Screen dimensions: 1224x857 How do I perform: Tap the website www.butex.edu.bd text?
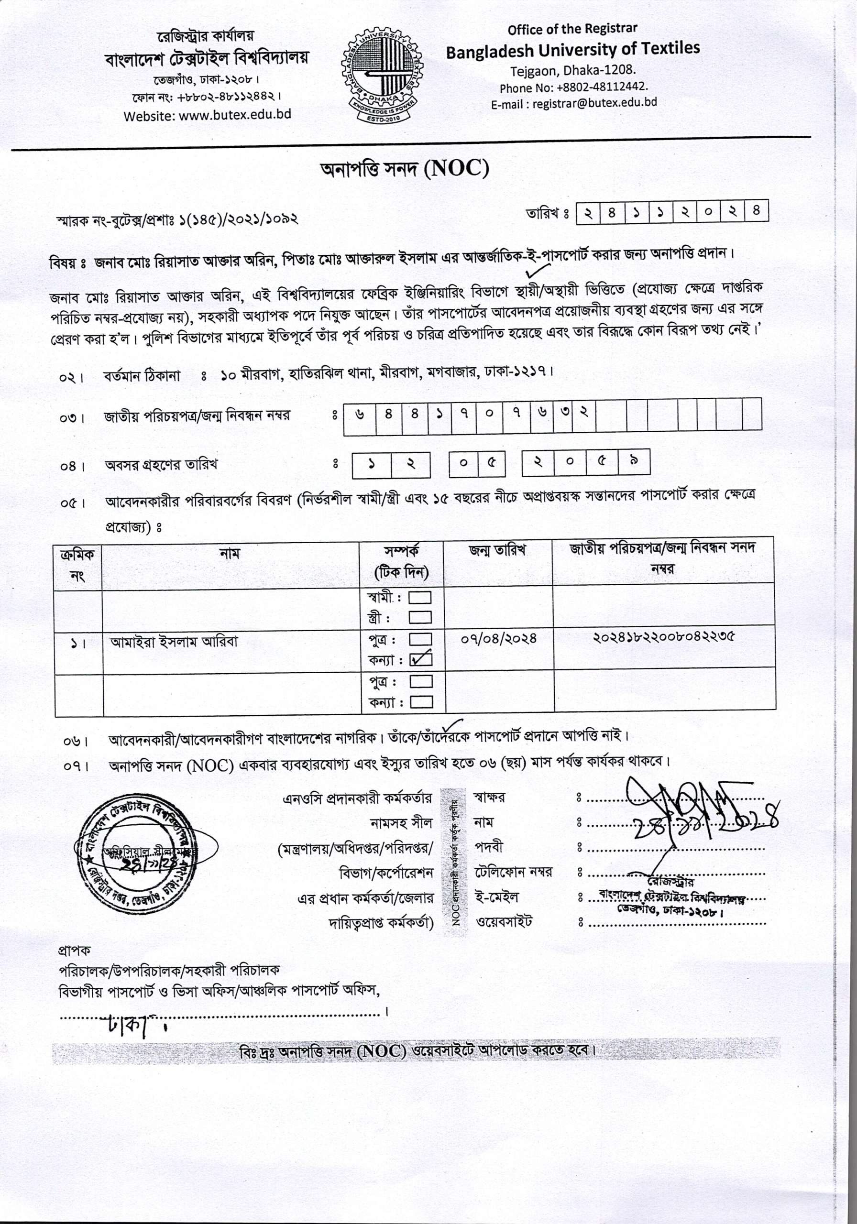208,115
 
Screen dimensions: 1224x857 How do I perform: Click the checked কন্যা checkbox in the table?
420,659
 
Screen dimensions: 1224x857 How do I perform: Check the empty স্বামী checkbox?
420,597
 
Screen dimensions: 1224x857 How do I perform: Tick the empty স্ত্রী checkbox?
420,617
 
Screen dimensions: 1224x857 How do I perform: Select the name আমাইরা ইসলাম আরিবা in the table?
174,641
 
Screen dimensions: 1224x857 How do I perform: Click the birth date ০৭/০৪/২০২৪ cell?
498,638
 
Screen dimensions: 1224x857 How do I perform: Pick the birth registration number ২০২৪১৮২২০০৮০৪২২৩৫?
663,636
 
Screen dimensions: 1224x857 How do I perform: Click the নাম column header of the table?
230,553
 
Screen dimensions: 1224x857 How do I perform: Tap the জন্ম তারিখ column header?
497,550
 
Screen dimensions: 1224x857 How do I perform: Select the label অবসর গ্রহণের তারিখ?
161,465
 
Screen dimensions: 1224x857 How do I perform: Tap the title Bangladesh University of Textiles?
572,50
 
